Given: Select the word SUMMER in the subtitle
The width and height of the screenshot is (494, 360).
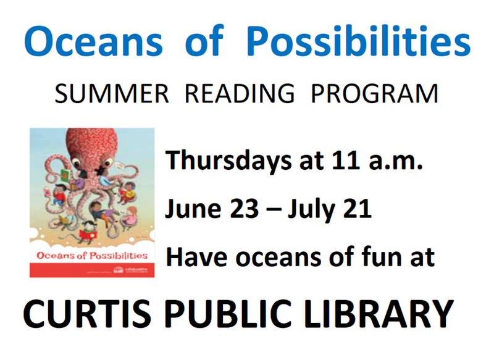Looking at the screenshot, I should pos(112,94).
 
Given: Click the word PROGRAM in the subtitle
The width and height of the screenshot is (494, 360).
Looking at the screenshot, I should pos(375,94).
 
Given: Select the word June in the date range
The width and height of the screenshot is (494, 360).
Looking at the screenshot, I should pos(190,210).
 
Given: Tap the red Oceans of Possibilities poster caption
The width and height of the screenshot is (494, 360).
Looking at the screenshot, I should pos(90,254).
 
